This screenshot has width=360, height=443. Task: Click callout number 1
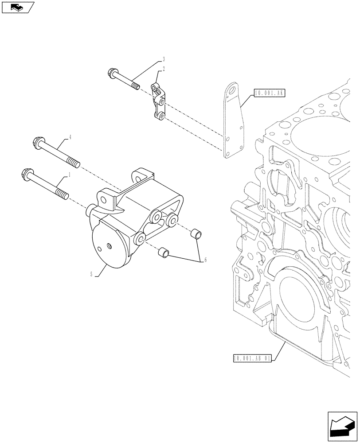(69, 175)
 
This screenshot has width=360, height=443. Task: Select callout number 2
(164, 69)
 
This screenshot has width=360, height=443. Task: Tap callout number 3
(164, 59)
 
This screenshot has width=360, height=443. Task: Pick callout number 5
(91, 275)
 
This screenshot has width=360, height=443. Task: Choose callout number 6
(205, 260)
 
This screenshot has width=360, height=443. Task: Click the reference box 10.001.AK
(270, 93)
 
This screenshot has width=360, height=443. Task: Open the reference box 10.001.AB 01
(251, 358)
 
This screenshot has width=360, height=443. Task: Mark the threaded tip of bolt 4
(74, 163)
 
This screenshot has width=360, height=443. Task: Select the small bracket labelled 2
(158, 102)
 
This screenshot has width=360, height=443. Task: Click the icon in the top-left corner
(18, 8)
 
